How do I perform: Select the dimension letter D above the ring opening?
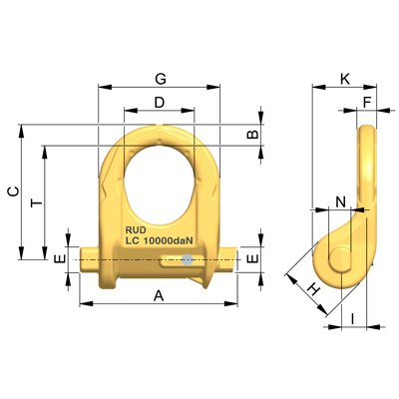[160, 103]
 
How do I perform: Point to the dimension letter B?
[253, 134]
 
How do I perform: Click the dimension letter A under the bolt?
[159, 295]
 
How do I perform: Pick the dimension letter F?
[367, 102]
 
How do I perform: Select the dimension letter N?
[342, 202]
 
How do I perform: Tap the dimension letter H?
[311, 289]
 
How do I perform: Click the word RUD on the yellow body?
[136, 229]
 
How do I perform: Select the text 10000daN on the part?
[169, 240]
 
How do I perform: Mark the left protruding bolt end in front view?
[88, 258]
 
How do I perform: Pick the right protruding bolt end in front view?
[229, 258]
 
